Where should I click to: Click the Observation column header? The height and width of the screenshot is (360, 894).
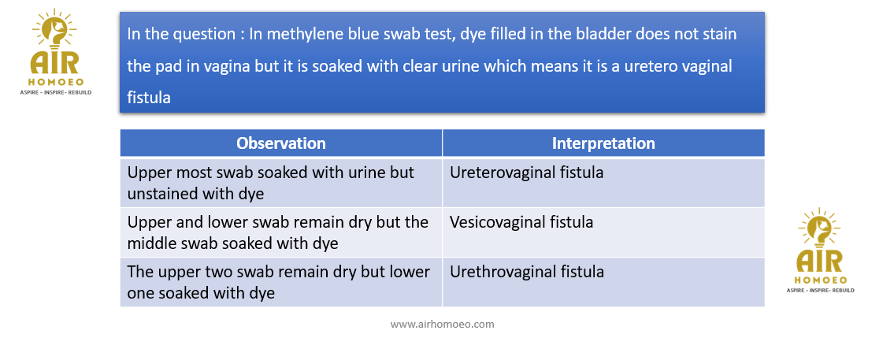[x=281, y=143]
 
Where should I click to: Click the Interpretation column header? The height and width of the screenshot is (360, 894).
[x=603, y=143]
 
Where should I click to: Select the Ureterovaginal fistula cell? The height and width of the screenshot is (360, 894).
[x=603, y=183]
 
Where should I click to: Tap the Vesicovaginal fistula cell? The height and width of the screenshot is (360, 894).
[x=603, y=232]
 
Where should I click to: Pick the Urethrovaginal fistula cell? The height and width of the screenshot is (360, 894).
[x=603, y=282]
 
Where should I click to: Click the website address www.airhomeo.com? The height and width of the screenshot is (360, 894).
[x=442, y=324]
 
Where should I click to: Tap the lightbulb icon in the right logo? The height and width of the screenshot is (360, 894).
[x=819, y=229]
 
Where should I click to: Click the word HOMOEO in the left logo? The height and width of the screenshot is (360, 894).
[x=54, y=82]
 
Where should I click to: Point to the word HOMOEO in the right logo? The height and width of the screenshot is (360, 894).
[x=820, y=280]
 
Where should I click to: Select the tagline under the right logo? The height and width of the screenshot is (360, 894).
[x=820, y=291]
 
